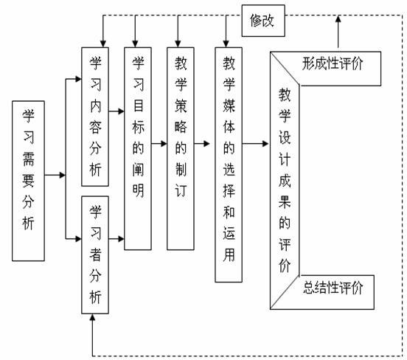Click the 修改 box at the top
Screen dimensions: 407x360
click(263, 21)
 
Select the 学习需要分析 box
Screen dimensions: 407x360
click(28, 181)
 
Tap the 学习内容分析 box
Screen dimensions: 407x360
click(95, 117)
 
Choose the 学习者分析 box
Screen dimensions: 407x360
click(95, 255)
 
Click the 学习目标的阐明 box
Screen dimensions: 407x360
click(138, 148)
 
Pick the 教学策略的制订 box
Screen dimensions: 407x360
click(181, 148)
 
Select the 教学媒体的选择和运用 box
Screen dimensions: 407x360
click(229, 165)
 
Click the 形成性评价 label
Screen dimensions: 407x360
click(333, 63)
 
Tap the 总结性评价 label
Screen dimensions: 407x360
click(333, 288)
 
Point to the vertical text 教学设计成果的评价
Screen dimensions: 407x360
click(285, 180)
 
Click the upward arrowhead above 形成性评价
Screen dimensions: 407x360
click(338, 18)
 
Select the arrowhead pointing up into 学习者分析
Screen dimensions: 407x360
click(92, 317)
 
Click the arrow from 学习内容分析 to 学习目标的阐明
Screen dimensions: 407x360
click(116, 111)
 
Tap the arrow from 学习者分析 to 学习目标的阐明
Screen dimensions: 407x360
click(116, 239)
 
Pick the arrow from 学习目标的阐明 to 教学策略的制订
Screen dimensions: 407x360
click(159, 143)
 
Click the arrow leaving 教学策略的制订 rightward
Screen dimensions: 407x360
click(202, 143)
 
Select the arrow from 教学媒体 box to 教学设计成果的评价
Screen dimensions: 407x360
click(255, 143)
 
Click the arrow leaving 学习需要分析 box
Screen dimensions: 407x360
click(55, 175)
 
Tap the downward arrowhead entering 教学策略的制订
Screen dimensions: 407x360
click(178, 44)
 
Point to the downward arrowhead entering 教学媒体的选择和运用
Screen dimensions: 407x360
click(226, 44)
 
